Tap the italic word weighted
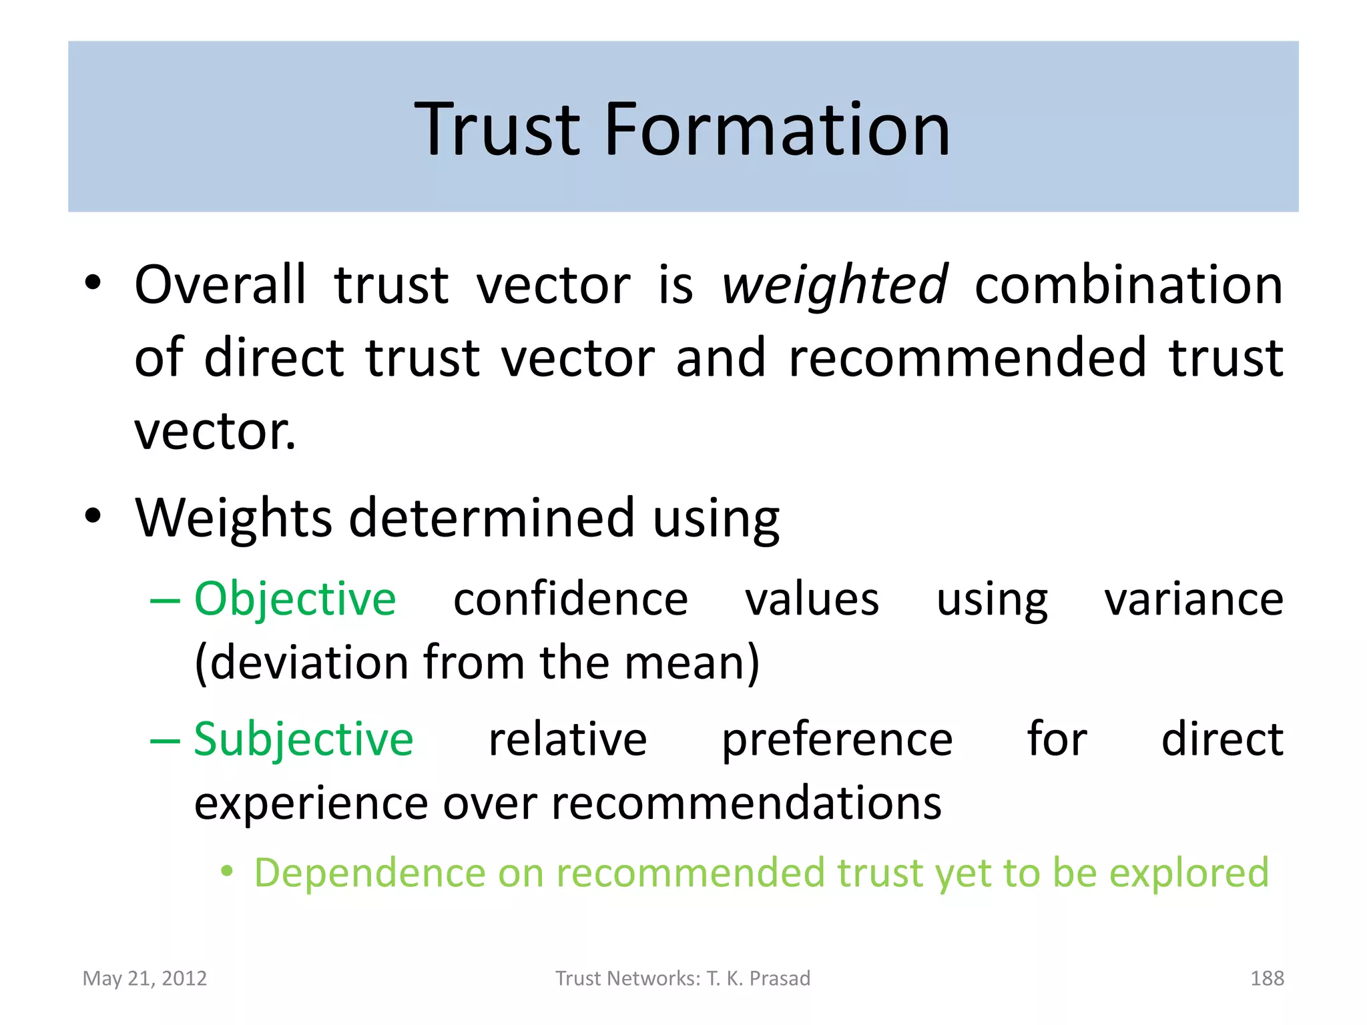(834, 286)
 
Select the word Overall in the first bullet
(220, 286)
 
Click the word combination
(1129, 286)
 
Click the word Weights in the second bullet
(234, 519)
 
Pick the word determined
(492, 519)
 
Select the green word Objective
(295, 599)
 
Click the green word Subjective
(304, 739)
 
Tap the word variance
(1193, 599)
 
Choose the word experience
(311, 803)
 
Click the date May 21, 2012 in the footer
(145, 978)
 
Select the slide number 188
(1267, 978)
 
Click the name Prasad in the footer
(780, 978)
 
